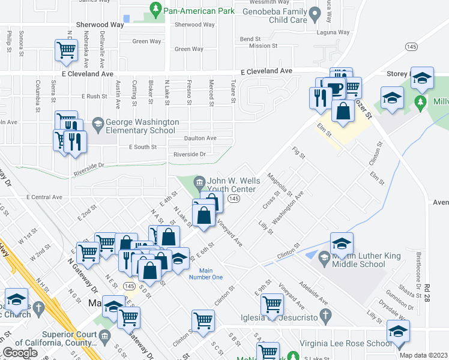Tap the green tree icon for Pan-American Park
pyautogui.click(x=155, y=8)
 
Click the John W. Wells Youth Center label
pyautogui.click(x=231, y=185)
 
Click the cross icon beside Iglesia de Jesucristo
pyautogui.click(x=326, y=316)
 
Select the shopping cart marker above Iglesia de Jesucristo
pyautogui.click(x=273, y=304)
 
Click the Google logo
pyautogui.click(x=20, y=352)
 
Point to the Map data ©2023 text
pyautogui.click(x=423, y=355)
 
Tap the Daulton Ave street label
pyautogui.click(x=199, y=138)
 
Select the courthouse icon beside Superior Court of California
pyautogui.click(x=105, y=335)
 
